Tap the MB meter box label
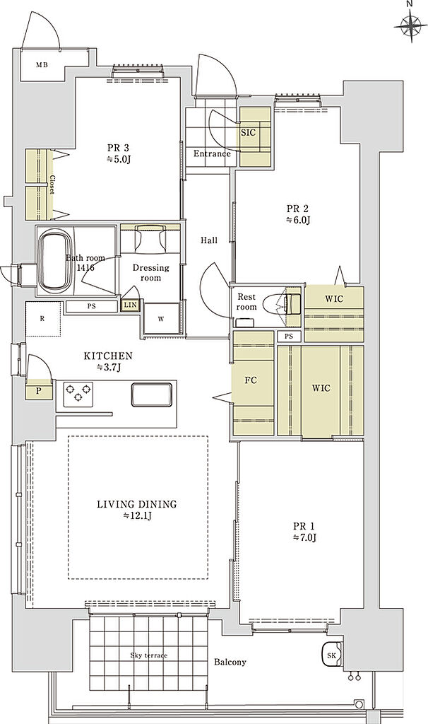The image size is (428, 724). (x=42, y=64)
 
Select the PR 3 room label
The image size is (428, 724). (x=118, y=148)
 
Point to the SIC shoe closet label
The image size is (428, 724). (x=248, y=132)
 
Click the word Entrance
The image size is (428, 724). (x=212, y=153)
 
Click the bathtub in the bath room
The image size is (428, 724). (x=55, y=260)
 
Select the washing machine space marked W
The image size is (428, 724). (x=162, y=318)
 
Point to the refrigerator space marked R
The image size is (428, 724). (x=43, y=319)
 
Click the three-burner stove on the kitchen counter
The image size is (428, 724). (x=78, y=394)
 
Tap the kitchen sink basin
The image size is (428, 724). (x=152, y=395)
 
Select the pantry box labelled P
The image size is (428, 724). (x=39, y=390)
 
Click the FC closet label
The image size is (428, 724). (x=251, y=380)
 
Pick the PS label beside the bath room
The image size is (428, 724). (x=91, y=305)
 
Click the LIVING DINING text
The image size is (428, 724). (x=137, y=504)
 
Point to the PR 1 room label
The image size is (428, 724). (x=304, y=526)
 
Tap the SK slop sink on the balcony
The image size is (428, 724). (x=332, y=655)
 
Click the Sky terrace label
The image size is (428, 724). (x=148, y=655)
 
